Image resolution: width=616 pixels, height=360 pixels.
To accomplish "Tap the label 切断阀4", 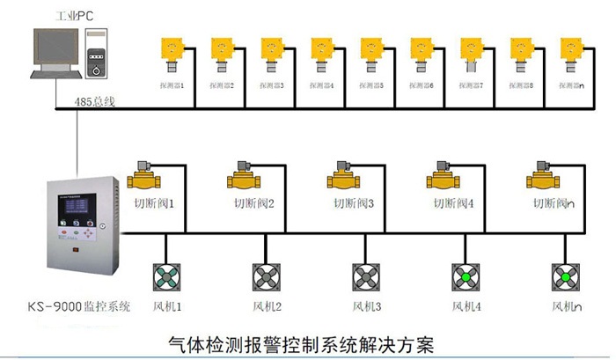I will pyautogui.click(x=454, y=203).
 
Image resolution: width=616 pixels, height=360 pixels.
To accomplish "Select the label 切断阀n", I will pyautogui.click(x=554, y=203).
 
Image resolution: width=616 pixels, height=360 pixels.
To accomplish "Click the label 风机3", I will pyautogui.click(x=367, y=307).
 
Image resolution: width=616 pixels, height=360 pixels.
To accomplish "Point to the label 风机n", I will pyautogui.click(x=568, y=307).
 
